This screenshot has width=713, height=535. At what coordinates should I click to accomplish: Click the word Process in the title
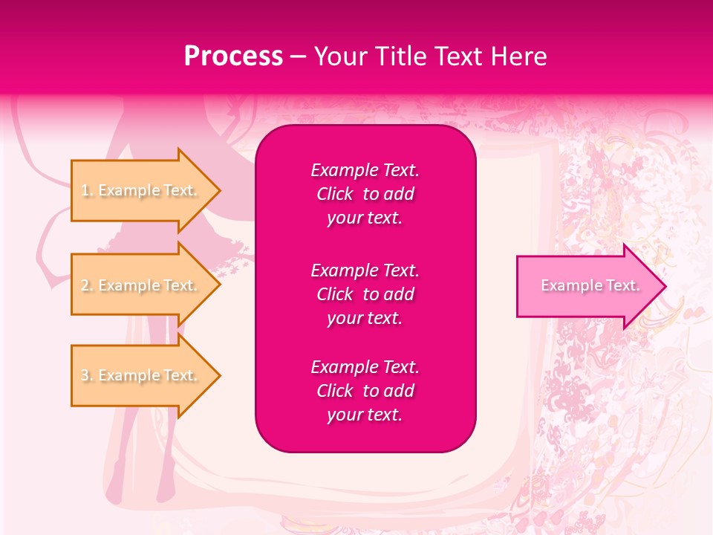[233, 56]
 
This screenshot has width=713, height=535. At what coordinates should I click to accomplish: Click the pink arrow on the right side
[587, 286]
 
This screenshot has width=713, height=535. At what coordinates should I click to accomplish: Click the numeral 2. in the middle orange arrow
[87, 285]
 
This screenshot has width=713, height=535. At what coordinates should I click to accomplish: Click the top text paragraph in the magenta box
[365, 194]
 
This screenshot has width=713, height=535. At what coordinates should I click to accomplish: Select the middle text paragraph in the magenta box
[365, 294]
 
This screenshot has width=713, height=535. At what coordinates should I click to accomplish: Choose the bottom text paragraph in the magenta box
[365, 391]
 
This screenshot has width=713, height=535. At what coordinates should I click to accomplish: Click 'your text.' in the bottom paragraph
[365, 415]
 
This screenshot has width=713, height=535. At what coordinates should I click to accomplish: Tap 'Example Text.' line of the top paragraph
[365, 170]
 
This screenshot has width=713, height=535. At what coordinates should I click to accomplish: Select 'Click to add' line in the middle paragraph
[365, 294]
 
